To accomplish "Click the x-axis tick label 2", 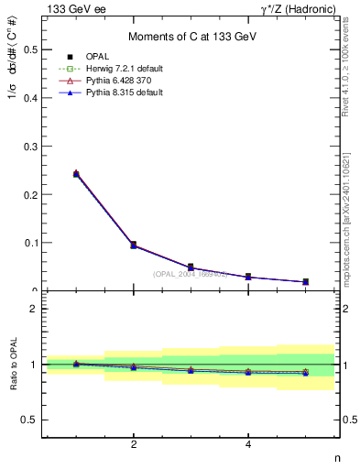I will (x=134, y=445).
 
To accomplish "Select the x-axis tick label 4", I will (x=248, y=445).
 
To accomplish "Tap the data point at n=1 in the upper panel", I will (x=76, y=173).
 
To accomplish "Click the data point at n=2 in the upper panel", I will (x=134, y=245).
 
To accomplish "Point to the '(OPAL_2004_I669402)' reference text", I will (x=191, y=274).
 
